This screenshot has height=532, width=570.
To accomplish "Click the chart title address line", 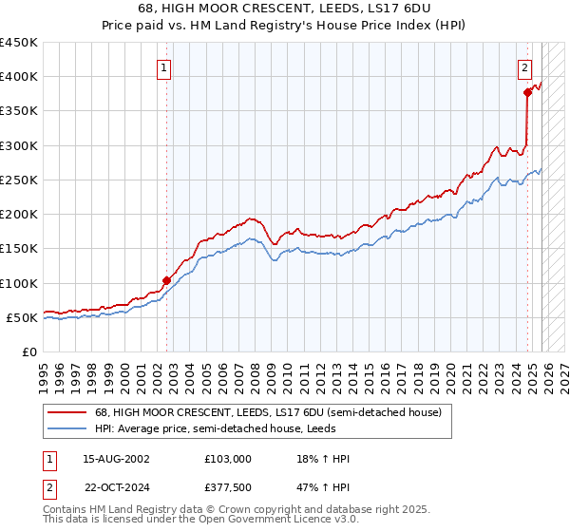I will (284, 8).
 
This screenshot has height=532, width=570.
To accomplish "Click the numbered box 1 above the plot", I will (165, 67).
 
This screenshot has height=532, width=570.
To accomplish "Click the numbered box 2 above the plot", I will (524, 67).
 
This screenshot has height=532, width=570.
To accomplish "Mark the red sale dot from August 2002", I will (166, 280).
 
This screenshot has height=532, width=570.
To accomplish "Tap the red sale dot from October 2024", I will (527, 92).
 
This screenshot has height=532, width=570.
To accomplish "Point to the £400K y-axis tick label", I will (19, 77).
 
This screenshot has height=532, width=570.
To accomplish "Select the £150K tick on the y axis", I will (19, 249).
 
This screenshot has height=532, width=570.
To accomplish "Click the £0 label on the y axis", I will (29, 351).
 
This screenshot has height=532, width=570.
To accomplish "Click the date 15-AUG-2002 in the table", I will (117, 459).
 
